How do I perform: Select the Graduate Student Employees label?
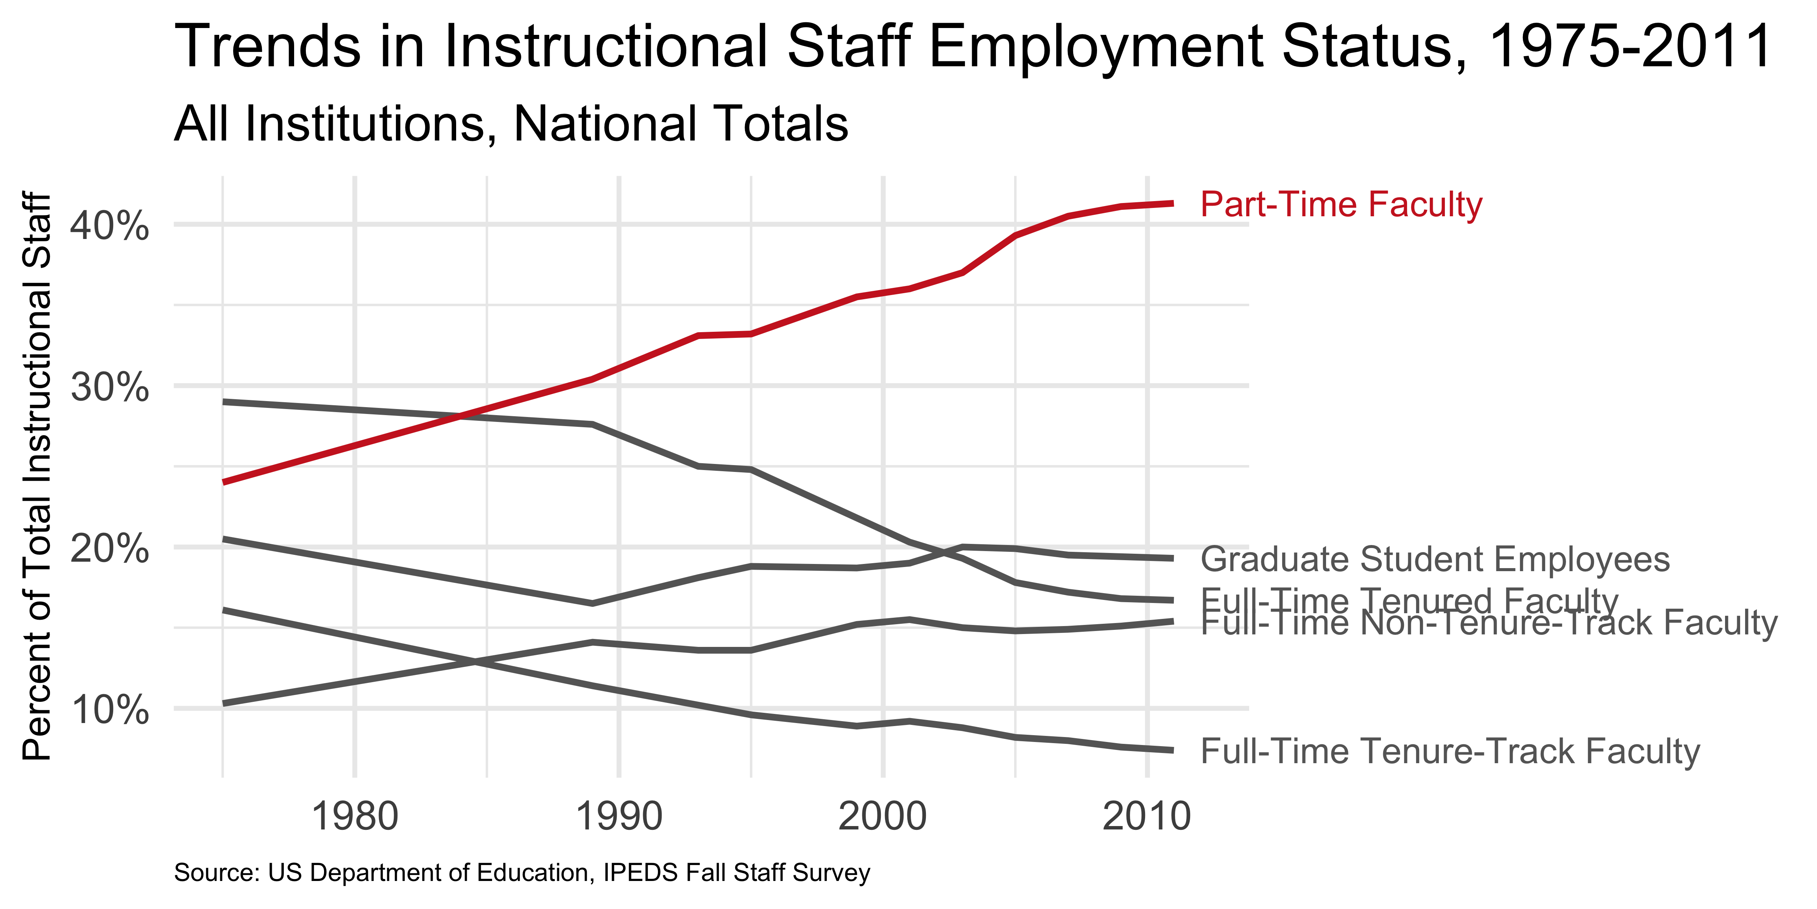[1435, 560]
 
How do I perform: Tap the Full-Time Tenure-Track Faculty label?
[1449, 751]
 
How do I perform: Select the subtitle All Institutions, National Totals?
[511, 124]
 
